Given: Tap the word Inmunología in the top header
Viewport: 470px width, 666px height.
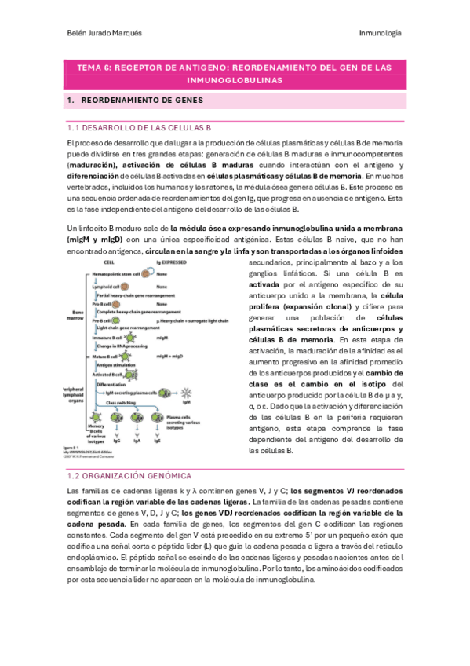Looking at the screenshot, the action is pyautogui.click(x=380, y=33).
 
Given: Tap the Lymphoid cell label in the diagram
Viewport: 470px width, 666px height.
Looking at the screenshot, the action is pyautogui.click(x=106, y=286).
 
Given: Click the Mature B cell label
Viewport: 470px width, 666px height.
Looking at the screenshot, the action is pyautogui.click(x=105, y=356).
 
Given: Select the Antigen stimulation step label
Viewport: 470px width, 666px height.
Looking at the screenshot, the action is pyautogui.click(x=115, y=364).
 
